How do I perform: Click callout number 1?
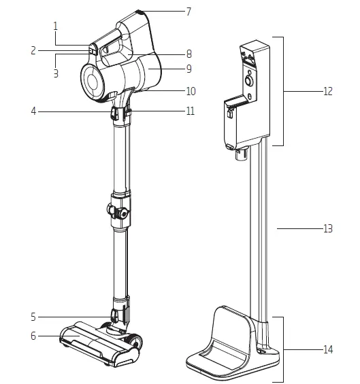coord(55,25)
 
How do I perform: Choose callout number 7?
coord(189,12)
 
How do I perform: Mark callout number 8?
coord(189,53)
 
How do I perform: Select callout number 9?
coord(189,69)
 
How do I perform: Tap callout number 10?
coord(190,91)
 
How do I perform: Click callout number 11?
coord(190,111)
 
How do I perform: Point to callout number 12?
coord(328,91)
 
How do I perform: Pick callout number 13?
coord(328,229)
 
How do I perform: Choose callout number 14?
coord(328,349)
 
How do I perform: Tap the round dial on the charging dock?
coord(249,80)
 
